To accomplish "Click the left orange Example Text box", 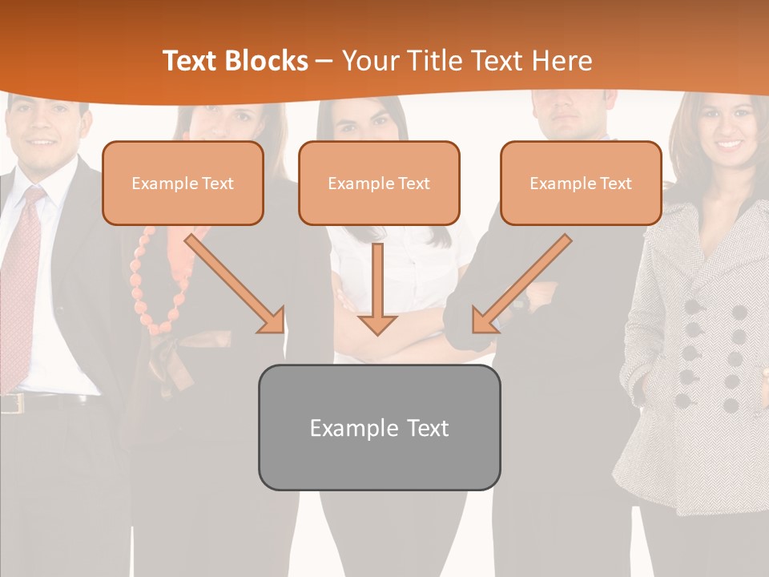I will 183,184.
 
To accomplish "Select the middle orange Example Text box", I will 379,184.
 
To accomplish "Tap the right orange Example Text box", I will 581,184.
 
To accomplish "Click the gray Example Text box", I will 379,428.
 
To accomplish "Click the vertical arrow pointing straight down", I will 377,288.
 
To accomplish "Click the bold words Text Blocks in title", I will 235,61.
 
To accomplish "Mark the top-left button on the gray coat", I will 693,307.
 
